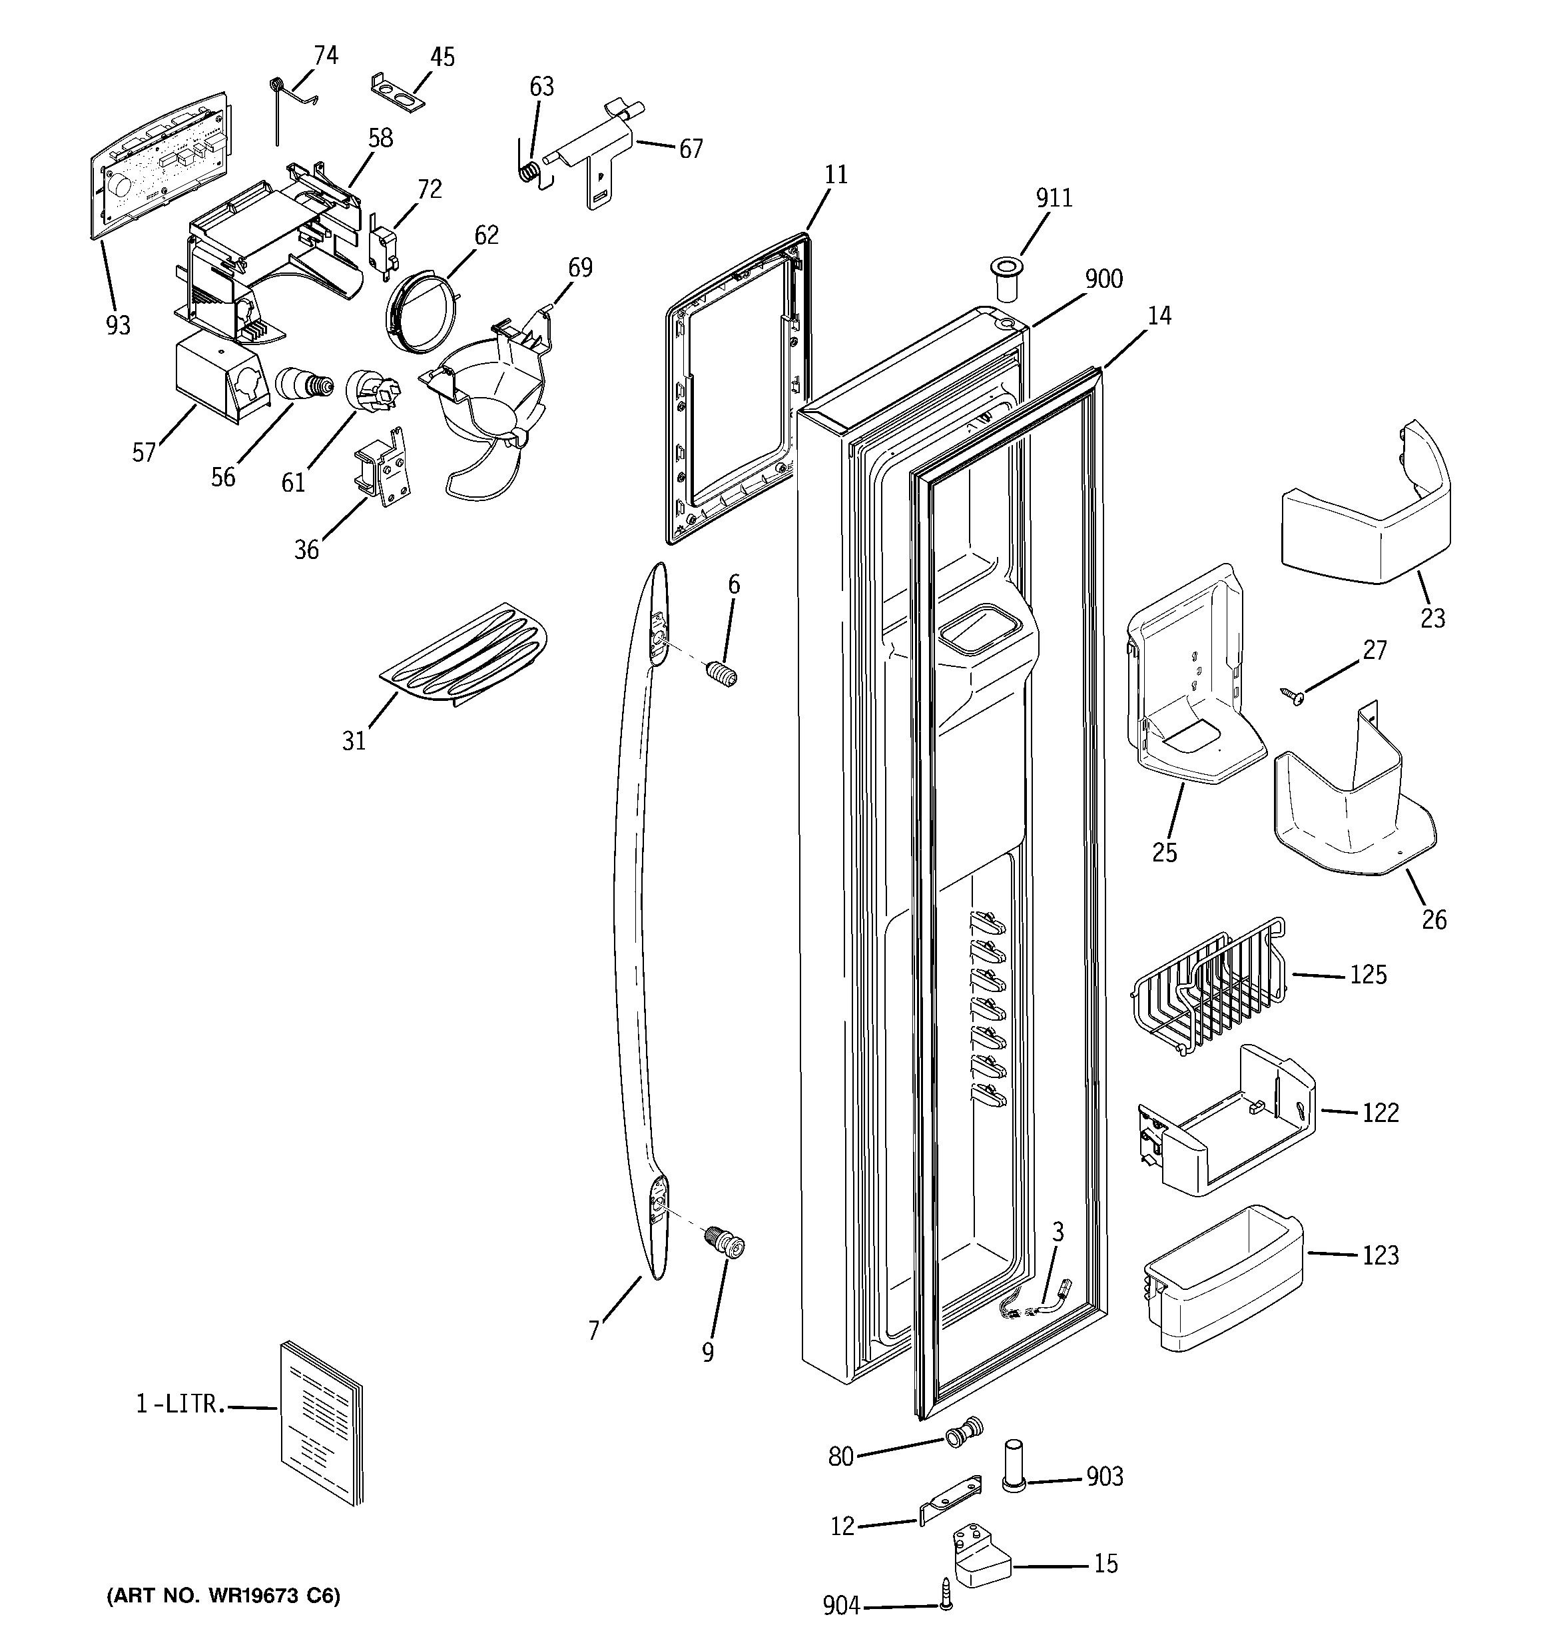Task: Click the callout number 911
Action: pyautogui.click(x=1054, y=199)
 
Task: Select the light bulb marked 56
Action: pyautogui.click(x=303, y=385)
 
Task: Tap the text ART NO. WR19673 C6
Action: pyautogui.click(x=223, y=1596)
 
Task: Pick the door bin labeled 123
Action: pyautogui.click(x=1223, y=1277)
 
